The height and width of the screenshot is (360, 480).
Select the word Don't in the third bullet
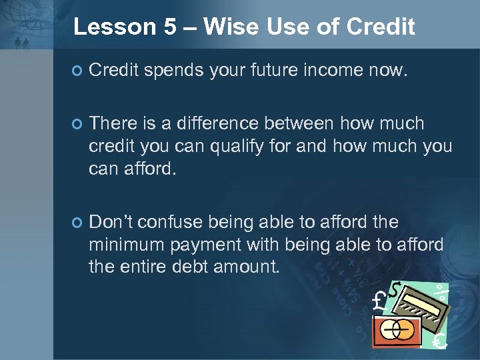click(109, 221)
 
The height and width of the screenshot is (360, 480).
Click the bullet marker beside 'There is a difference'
click(77, 124)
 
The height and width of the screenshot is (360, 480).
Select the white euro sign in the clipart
click(439, 341)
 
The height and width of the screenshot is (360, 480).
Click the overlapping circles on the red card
click(399, 330)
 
